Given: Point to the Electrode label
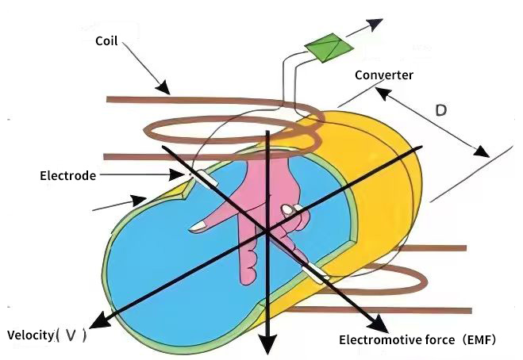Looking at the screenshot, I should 67,174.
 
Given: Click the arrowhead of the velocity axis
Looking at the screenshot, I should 99,321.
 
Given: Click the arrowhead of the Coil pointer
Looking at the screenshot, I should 163,88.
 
